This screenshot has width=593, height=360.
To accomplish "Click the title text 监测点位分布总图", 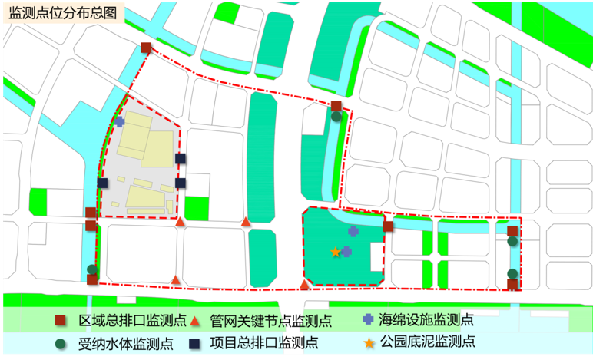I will pyautogui.click(x=61, y=13).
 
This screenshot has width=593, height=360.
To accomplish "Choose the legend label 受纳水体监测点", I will pyautogui.click(x=125, y=342).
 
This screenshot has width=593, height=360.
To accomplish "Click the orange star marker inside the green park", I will pyautogui.click(x=335, y=252).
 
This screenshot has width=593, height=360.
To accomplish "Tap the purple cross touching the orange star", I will pyautogui.click(x=346, y=251).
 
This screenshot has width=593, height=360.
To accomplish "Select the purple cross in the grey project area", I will pyautogui.click(x=119, y=121).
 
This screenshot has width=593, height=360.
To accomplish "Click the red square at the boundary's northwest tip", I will pyautogui.click(x=146, y=48).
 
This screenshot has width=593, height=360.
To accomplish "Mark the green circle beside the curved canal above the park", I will pyautogui.click(x=336, y=117).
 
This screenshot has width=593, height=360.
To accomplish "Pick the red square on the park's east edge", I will pyautogui.click(x=388, y=226).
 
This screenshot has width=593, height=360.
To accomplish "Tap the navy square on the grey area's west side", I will pyautogui.click(x=103, y=183).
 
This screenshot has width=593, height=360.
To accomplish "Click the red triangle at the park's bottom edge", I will pyautogui.click(x=305, y=285).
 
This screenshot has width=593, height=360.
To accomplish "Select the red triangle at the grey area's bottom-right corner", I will pyautogui.click(x=181, y=222).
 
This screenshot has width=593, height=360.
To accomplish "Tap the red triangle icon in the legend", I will pyautogui.click(x=195, y=321).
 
